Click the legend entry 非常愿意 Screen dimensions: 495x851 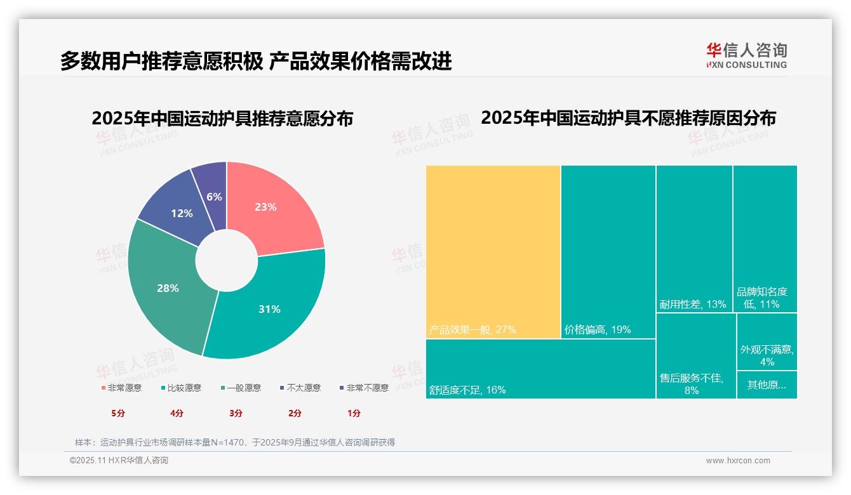click(121, 388)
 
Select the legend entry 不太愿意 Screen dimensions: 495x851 click(300, 388)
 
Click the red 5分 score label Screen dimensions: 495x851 click(118, 413)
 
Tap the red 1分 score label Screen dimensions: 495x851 click(354, 413)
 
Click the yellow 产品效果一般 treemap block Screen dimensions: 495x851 click(493, 251)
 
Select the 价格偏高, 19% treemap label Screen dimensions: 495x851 click(598, 330)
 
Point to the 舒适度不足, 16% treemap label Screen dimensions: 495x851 click(467, 390)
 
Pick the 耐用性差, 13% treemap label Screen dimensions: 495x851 click(693, 305)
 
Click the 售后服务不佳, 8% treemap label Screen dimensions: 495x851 click(692, 384)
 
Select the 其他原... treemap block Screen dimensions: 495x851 click(767, 385)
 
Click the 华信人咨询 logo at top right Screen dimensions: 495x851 click(746, 55)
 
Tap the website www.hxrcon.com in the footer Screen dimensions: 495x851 click(738, 461)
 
